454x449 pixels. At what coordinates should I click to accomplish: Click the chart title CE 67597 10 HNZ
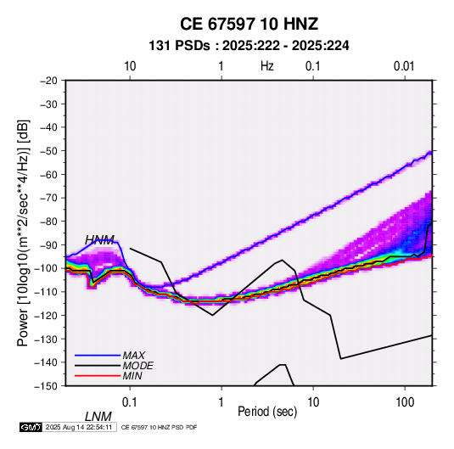249,24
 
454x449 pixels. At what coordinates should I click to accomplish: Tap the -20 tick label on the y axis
48,81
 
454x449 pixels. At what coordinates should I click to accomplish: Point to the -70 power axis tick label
48,198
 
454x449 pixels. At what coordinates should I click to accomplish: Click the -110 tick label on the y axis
46,292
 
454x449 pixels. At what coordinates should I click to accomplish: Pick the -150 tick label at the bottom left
46,385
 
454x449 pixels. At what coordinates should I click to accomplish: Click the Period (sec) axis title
267,412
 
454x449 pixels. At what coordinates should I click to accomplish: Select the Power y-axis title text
23,233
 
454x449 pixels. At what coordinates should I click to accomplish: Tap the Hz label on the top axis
266,66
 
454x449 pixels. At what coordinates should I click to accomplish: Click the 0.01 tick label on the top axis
404,66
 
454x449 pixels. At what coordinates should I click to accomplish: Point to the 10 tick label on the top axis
130,66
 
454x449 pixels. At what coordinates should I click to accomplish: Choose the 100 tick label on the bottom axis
405,402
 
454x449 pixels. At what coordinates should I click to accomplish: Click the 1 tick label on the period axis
221,402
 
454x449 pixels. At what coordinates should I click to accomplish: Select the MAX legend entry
133,355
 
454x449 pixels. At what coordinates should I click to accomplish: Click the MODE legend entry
137,366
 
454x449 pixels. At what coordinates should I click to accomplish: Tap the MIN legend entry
132,376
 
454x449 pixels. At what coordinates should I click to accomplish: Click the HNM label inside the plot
99,240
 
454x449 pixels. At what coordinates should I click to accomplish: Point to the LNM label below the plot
98,417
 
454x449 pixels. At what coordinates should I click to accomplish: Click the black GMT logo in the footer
31,427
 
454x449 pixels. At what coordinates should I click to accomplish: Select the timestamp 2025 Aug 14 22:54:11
79,427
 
